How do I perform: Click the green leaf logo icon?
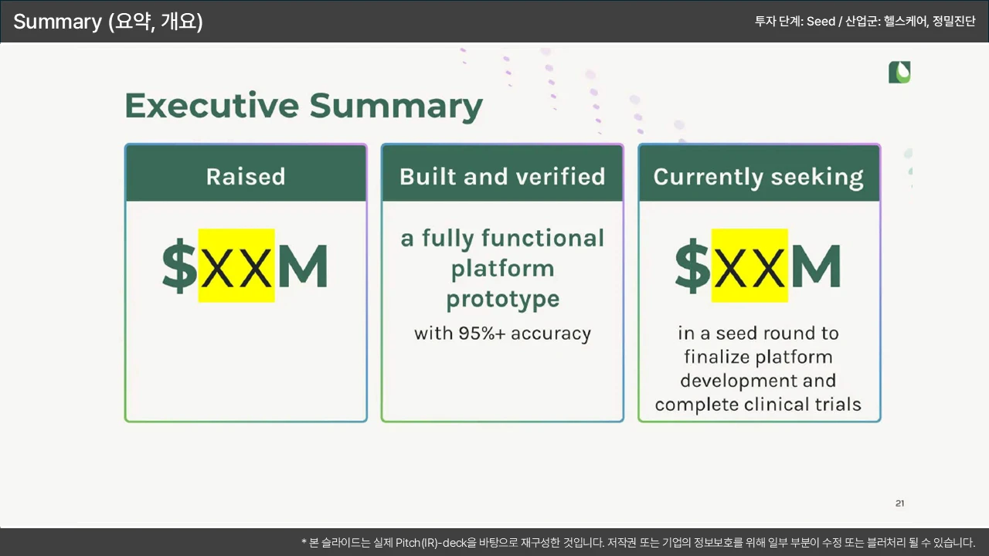click(x=899, y=73)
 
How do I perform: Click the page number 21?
click(x=900, y=503)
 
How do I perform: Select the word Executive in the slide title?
click(x=212, y=106)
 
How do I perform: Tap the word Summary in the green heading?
click(x=396, y=107)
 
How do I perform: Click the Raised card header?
click(x=246, y=174)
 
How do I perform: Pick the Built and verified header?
click(x=502, y=174)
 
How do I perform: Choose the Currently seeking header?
click(x=760, y=174)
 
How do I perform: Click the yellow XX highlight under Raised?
click(x=236, y=266)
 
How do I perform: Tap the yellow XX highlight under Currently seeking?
click(x=749, y=266)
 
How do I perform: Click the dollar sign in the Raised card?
click(x=179, y=266)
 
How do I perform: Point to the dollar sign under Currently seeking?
click(x=692, y=266)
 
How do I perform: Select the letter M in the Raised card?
click(x=303, y=266)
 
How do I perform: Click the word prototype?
click(x=503, y=300)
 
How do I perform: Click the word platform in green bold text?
click(x=502, y=268)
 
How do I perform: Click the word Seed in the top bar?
click(x=821, y=21)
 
